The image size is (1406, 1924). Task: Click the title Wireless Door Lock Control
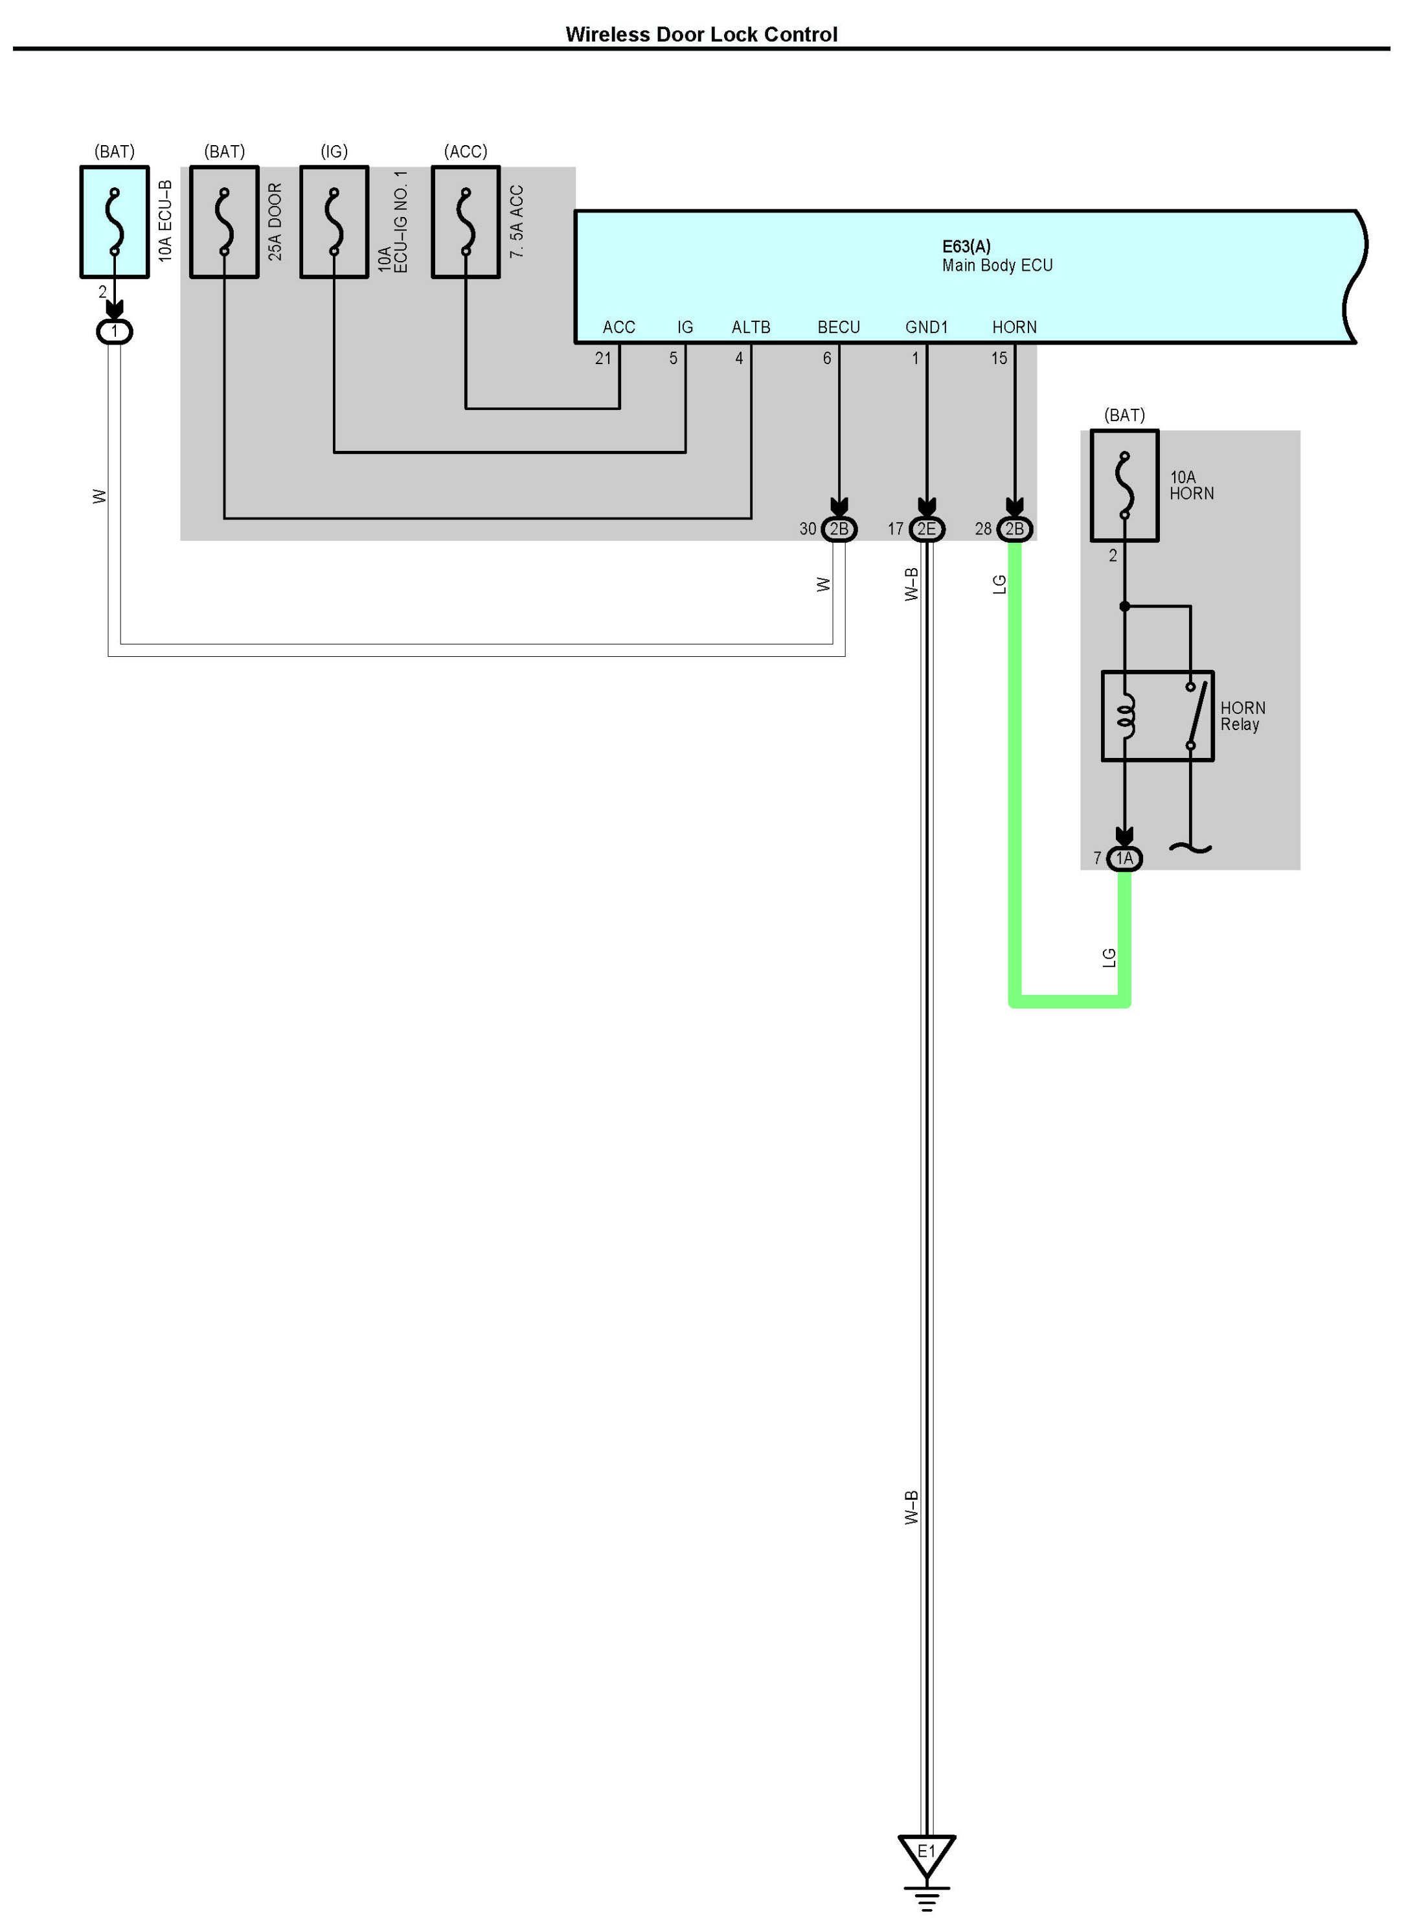coord(701,34)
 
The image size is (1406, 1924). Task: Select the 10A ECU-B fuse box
coord(115,222)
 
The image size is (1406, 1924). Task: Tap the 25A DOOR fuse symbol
coord(224,222)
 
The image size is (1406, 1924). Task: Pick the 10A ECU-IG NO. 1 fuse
coord(334,222)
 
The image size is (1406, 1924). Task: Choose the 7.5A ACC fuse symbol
coord(466,222)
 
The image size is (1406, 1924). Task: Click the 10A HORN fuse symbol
coord(1124,485)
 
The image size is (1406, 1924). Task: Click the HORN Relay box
coord(1157,716)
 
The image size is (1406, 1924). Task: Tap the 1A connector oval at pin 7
coord(1124,858)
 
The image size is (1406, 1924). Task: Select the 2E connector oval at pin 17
coord(927,529)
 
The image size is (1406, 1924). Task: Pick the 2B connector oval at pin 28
coord(1014,529)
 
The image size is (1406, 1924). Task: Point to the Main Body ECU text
coord(997,266)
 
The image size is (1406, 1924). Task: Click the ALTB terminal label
coord(751,327)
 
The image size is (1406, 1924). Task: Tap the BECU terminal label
coord(838,327)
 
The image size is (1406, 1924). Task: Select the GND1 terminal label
coord(926,327)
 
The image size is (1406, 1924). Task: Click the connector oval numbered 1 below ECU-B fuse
coord(115,331)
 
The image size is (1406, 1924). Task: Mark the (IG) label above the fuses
coord(334,152)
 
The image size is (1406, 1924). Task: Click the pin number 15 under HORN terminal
coord(999,358)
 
